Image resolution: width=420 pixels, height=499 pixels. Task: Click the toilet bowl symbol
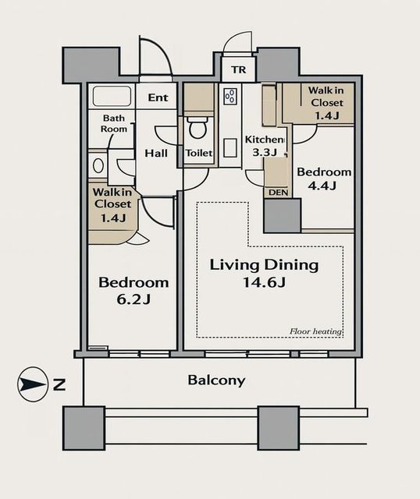[198, 128]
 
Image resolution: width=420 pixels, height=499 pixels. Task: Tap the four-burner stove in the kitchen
[230, 97]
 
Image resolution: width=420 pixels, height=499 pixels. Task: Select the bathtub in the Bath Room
[112, 96]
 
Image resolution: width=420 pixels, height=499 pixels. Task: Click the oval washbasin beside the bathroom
[98, 165]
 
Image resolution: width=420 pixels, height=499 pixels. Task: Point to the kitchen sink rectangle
[230, 147]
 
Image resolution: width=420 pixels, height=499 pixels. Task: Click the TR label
[239, 69]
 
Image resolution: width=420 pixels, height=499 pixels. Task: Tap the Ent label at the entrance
[158, 97]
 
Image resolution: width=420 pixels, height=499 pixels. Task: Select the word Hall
[156, 154]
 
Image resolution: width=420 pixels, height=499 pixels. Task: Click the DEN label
[278, 193]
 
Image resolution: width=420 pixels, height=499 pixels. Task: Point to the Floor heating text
[316, 331]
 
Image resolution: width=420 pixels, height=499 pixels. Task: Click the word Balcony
[216, 380]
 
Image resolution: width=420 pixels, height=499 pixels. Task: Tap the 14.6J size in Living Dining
[264, 282]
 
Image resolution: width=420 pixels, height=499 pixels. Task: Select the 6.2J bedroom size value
[133, 299]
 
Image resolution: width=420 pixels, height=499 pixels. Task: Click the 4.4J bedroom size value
[322, 186]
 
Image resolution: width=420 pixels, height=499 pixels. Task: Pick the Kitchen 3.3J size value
[265, 153]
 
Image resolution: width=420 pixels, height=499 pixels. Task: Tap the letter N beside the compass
[59, 384]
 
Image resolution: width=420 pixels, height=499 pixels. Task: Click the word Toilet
[199, 153]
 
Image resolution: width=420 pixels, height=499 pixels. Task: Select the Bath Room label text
[114, 123]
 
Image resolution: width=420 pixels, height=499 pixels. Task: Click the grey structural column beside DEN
[283, 216]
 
